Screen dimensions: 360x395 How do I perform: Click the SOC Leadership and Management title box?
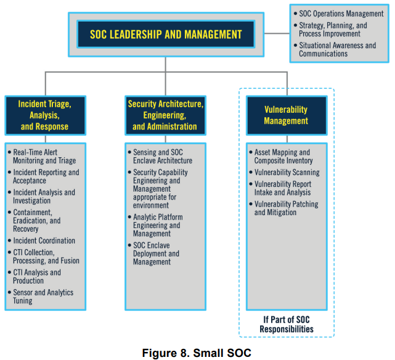166,35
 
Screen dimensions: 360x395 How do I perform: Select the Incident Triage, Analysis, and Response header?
44,115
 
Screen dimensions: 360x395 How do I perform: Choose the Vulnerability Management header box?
286,115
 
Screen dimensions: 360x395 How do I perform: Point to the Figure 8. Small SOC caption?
197,353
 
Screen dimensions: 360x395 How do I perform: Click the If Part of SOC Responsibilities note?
286,324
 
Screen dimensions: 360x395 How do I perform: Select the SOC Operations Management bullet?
341,14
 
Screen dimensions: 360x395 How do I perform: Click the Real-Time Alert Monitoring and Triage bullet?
44,157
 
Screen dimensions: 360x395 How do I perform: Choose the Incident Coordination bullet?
44,240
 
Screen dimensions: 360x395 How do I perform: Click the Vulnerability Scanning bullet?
287,173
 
